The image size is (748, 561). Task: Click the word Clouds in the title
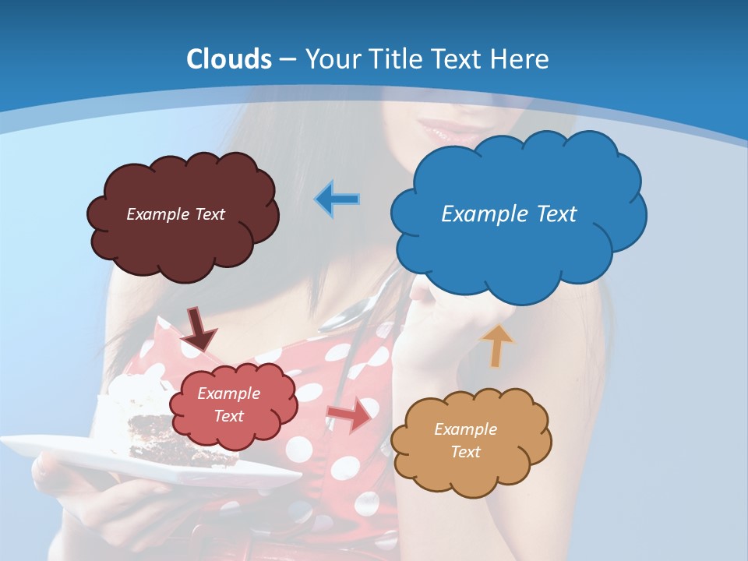229,59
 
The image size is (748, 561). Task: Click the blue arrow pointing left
337,199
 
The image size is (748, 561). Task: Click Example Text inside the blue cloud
509,214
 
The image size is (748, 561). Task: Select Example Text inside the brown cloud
175,214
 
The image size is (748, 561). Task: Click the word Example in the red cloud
228,393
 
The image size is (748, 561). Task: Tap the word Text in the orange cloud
465,452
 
